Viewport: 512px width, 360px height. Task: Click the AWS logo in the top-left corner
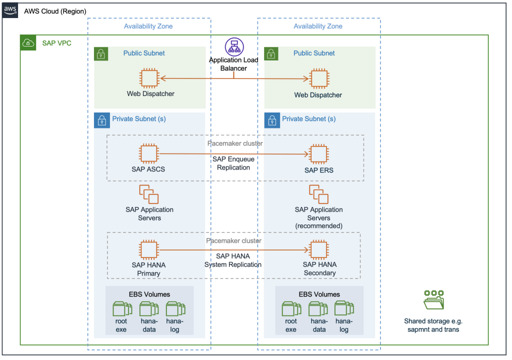(10, 10)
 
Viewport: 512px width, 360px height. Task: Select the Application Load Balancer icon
(233, 46)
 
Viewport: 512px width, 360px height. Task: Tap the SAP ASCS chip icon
(148, 153)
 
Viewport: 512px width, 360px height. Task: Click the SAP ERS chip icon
(318, 154)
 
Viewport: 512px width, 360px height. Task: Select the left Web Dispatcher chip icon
(149, 78)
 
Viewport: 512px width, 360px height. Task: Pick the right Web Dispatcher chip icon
(318, 78)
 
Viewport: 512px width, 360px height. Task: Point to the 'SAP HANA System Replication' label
(233, 260)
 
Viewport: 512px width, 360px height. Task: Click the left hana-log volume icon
(175, 309)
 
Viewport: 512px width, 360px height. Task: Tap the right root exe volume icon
(291, 309)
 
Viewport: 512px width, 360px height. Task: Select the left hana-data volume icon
(148, 309)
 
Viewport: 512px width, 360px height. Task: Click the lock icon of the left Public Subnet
(101, 54)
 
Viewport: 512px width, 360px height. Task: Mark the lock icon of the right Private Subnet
(271, 120)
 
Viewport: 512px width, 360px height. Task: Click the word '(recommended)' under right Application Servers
(318, 226)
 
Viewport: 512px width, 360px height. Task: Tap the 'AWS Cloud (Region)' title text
(55, 11)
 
